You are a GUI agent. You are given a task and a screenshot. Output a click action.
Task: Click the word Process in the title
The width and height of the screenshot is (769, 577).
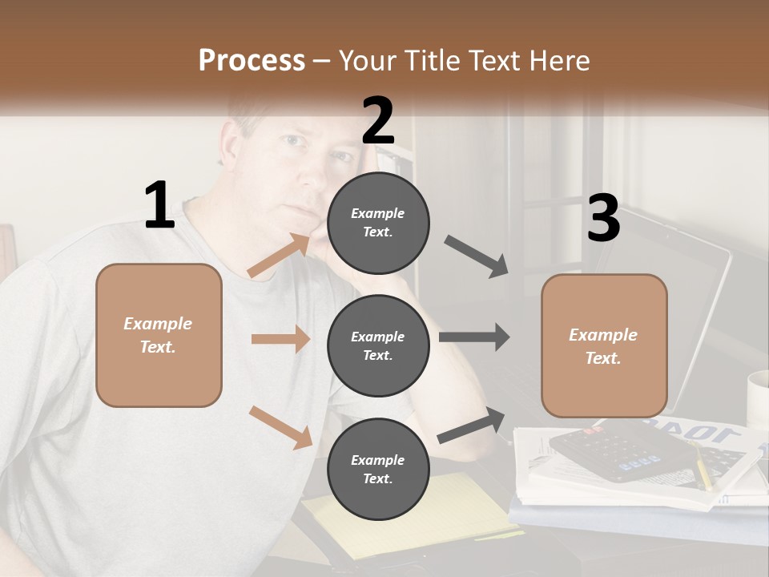click(252, 60)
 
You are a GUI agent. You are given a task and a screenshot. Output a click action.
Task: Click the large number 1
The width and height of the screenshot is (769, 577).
click(159, 206)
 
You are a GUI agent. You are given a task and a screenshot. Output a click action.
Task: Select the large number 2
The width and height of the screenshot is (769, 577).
click(378, 120)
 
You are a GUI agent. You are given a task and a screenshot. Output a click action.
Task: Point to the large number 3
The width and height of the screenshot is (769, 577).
click(604, 219)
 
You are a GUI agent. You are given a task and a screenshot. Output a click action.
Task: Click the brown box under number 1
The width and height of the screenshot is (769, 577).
click(159, 335)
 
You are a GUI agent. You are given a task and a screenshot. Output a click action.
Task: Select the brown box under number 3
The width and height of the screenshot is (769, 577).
click(604, 346)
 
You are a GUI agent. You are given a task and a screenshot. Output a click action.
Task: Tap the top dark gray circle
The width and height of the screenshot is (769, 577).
click(378, 223)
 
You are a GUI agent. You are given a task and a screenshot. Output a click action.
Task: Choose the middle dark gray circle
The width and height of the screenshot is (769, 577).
click(378, 345)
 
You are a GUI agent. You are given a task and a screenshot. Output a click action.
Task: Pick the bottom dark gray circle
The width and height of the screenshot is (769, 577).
click(378, 469)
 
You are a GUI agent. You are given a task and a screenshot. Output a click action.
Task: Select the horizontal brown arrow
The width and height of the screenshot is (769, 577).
click(280, 339)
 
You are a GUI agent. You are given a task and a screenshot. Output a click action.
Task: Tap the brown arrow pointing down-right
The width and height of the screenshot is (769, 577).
click(280, 426)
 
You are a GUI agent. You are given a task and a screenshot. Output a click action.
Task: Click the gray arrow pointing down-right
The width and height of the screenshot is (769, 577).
click(477, 256)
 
